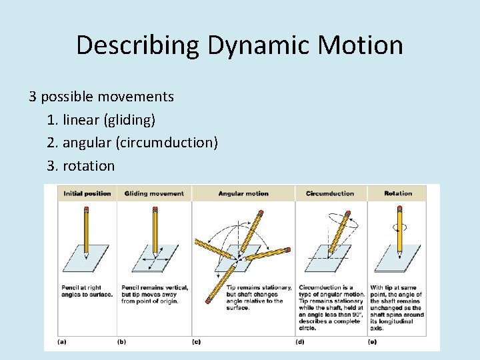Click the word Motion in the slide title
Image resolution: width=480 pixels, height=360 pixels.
pos(363,45)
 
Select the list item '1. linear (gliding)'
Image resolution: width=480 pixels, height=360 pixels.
pos(101,120)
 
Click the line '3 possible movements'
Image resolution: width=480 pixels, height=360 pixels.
pos(101,97)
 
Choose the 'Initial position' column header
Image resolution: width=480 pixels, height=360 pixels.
pos(87,193)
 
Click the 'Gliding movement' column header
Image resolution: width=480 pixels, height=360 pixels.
pos(154,193)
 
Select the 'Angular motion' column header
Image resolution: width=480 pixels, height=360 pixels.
pos(243,193)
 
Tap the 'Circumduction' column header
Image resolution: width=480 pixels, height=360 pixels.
pos(330,193)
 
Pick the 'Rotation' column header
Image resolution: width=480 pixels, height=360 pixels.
pos(398,193)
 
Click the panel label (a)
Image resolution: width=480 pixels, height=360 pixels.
pos(62,341)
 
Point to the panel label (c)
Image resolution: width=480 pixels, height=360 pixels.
pos(196,341)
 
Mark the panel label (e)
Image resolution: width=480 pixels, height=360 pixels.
pos(372,341)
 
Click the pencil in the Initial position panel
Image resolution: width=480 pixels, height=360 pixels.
pos(86,230)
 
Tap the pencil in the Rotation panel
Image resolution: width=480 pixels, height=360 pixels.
pos(400,230)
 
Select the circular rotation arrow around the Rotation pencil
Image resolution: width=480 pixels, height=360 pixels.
pos(400,227)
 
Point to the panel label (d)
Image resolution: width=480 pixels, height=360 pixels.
pos(300,341)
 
